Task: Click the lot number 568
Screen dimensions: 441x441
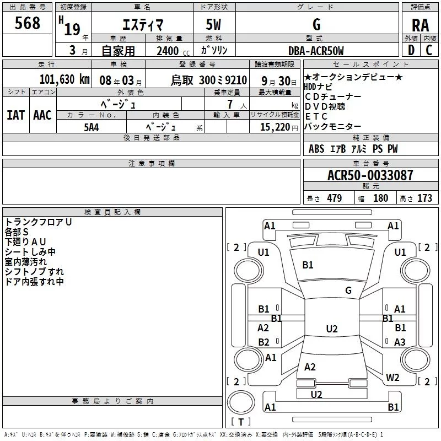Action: (x=27, y=23)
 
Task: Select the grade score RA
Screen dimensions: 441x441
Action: (x=420, y=25)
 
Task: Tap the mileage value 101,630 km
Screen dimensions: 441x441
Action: (x=64, y=79)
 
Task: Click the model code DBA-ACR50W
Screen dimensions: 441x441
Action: (x=316, y=51)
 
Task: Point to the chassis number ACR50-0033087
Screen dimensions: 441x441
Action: (x=370, y=175)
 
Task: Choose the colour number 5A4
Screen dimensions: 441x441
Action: (x=92, y=127)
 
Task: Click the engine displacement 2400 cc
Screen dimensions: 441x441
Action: (x=173, y=51)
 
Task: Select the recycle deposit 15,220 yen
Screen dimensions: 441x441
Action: (x=279, y=127)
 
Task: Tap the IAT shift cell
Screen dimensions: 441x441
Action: (x=16, y=115)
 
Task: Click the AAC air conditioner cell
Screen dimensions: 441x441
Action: (x=42, y=115)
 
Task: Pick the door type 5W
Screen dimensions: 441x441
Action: (x=213, y=24)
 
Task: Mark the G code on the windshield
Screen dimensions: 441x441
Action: (x=348, y=291)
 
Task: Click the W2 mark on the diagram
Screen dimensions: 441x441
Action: (x=392, y=377)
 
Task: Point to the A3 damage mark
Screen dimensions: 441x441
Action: (x=400, y=342)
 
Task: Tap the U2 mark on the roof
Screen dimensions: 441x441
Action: (x=332, y=329)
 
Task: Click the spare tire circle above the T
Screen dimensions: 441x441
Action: (x=241, y=402)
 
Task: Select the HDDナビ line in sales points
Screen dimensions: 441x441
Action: (x=318, y=87)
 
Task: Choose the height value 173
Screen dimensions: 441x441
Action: (x=424, y=198)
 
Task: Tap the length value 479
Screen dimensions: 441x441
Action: (x=335, y=198)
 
